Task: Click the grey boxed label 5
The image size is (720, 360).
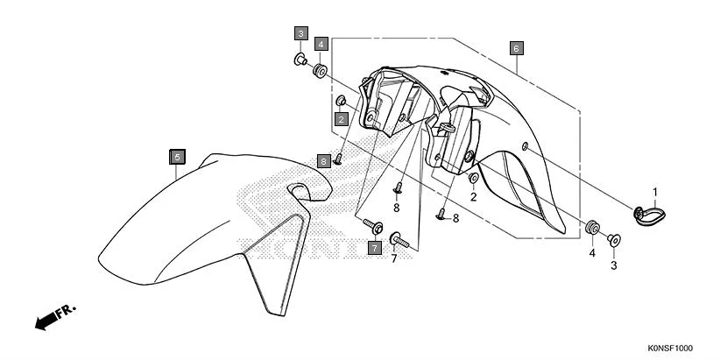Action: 177,157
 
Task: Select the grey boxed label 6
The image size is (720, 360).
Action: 517,47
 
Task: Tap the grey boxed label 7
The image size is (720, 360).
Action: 374,249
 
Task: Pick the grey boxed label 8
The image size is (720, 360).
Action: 324,161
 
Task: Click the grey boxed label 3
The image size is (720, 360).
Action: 300,34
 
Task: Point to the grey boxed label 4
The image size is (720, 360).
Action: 321,43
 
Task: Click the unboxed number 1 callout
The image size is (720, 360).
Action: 653,192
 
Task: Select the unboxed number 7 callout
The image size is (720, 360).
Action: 394,259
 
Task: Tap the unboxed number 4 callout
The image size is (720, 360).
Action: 591,253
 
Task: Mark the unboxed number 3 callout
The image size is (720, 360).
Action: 614,265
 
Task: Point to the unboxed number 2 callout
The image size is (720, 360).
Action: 474,197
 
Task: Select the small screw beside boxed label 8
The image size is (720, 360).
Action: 337,159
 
